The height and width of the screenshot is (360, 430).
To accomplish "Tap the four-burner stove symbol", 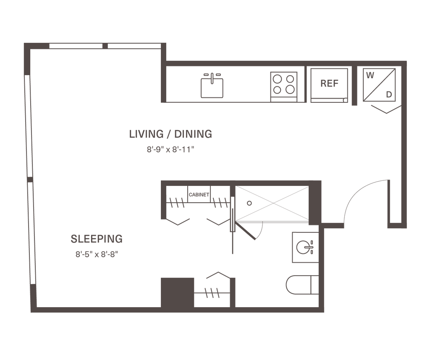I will click(283, 83).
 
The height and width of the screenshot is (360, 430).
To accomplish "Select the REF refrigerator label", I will click(329, 83).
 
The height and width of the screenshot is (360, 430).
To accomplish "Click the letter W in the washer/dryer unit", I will click(370, 76).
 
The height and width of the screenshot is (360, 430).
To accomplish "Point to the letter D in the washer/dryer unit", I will click(389, 95).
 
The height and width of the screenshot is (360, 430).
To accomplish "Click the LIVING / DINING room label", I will click(170, 134).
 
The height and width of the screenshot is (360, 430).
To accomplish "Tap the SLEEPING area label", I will click(97, 239).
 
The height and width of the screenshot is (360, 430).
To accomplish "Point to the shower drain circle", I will click(249, 203).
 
